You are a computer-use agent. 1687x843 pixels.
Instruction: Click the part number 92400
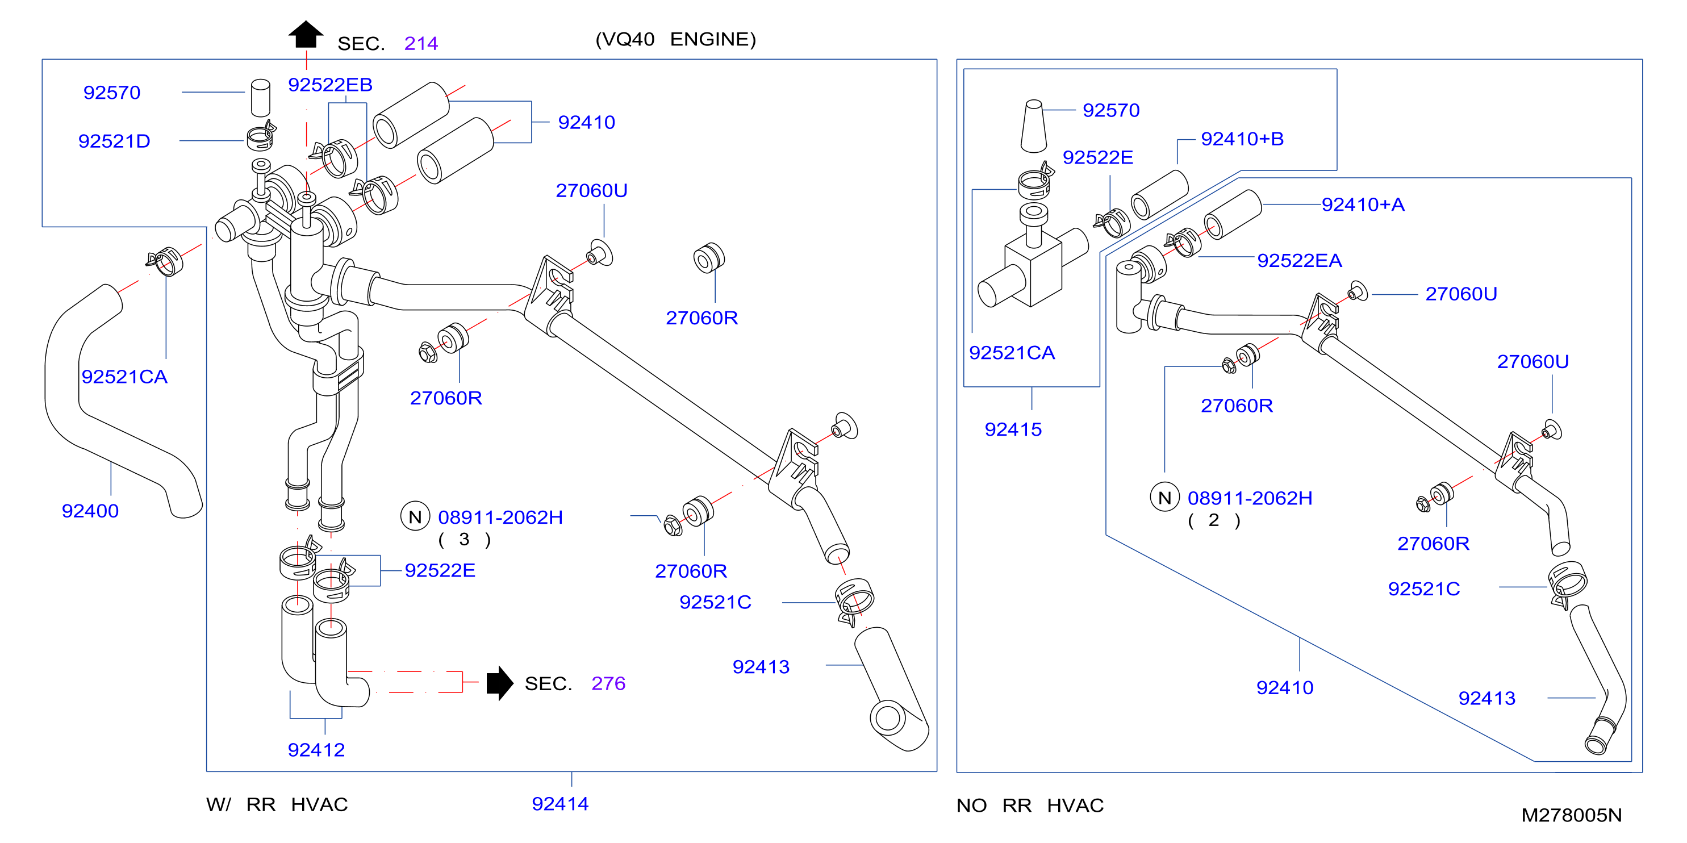[90, 511]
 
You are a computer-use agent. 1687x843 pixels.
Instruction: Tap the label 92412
[316, 750]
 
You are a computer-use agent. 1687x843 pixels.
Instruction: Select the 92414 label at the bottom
[560, 804]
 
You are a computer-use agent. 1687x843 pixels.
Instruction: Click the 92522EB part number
[330, 85]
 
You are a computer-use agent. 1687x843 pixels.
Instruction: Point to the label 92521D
[114, 141]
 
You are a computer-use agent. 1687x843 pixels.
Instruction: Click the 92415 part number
[1013, 429]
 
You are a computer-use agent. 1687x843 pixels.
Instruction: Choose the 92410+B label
[1242, 139]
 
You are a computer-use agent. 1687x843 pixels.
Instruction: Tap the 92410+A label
[1363, 205]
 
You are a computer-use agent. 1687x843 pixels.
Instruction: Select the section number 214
[421, 43]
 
